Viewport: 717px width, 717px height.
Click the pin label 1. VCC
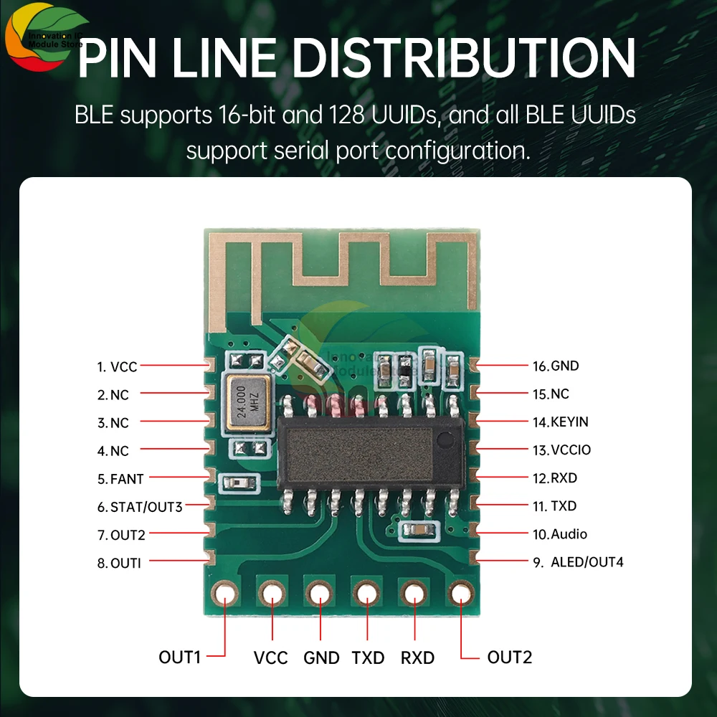click(117, 367)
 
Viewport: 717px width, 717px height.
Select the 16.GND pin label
click(555, 366)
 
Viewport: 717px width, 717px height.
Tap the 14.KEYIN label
click(559, 422)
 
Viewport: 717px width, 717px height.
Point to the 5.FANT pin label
click(120, 479)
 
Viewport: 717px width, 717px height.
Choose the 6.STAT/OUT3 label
click(140, 507)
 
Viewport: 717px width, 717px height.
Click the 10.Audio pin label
click(559, 534)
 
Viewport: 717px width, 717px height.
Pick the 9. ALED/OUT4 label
click(577, 562)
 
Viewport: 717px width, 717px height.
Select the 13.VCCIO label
click(561, 450)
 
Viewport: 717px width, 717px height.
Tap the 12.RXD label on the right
click(554, 478)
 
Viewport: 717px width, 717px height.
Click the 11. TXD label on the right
click(554, 506)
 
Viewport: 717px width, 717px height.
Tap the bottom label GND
click(321, 657)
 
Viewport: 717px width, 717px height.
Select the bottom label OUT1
click(179, 657)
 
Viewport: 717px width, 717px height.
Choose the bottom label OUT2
click(509, 657)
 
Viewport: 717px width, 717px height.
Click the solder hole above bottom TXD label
click(366, 594)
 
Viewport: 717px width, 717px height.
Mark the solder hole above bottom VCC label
click(272, 594)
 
